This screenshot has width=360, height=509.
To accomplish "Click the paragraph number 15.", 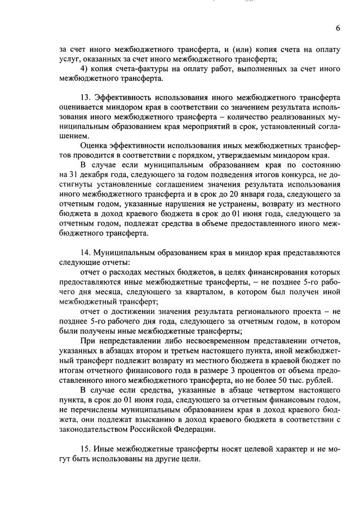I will [x=86, y=449].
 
